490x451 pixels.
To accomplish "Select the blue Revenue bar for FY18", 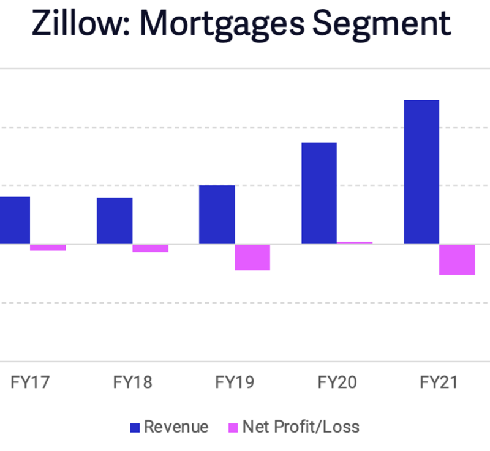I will click(115, 220).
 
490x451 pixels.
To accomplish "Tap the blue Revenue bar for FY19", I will click(217, 214).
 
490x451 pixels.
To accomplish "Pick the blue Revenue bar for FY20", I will click(319, 193).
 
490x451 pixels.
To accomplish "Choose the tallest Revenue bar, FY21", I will click(421, 171).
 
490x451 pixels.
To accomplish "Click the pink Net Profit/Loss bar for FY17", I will click(48, 247).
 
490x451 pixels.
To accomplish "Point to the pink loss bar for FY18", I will click(150, 248).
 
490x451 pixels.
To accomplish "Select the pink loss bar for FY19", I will click(252, 257).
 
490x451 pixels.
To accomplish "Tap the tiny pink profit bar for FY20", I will click(355, 242).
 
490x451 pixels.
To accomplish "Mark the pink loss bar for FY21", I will click(457, 259).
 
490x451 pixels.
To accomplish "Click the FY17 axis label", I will click(30, 382).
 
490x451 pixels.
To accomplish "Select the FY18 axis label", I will click(132, 382).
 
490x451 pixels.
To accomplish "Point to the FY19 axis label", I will click(235, 382).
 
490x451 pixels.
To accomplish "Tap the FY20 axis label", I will click(337, 382).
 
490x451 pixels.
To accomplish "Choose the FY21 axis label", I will click(439, 382).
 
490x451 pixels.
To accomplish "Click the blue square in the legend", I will click(135, 427).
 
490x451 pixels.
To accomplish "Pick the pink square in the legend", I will click(233, 427).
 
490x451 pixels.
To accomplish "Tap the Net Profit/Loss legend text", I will click(301, 427).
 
